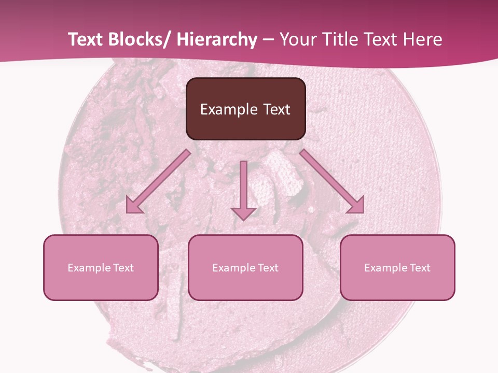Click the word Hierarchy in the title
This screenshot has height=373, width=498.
point(217,39)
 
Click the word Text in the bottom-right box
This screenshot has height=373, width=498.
point(420,268)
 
